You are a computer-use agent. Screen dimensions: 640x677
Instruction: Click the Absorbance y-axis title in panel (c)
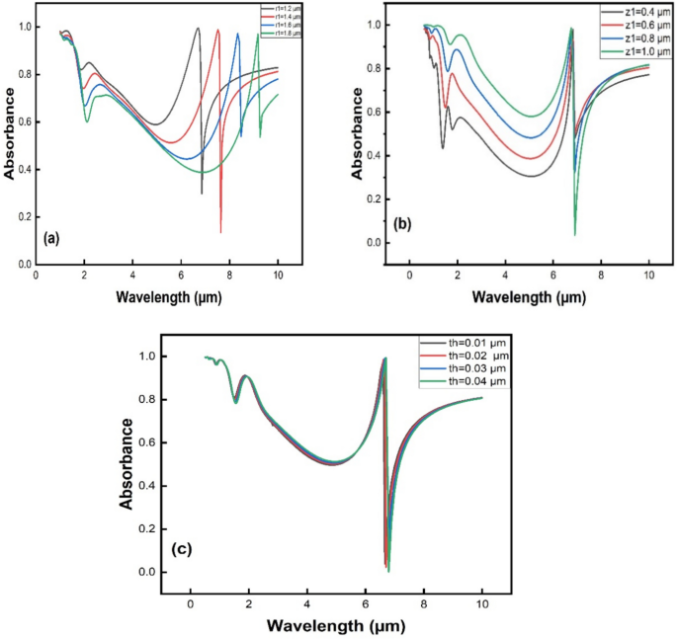pos(127,463)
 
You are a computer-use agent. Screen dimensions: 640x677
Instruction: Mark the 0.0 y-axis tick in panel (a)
pos(22,265)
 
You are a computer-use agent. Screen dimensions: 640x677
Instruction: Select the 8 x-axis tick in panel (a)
pos(229,278)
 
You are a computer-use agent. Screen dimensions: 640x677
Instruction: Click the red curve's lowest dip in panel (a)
pos(220,232)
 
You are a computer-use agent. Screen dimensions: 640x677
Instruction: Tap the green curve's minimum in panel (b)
pos(575,235)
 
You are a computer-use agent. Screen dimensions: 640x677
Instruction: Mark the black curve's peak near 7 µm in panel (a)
pos(198,29)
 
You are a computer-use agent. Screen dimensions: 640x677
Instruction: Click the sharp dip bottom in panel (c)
pos(388,571)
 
